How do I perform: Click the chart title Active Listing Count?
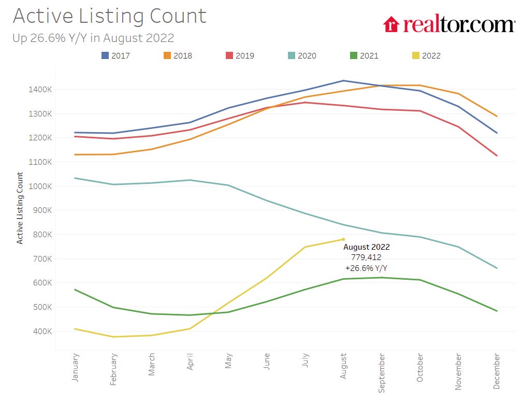[109, 16]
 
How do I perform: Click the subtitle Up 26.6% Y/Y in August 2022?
[93, 38]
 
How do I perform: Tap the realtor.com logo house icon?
[391, 24]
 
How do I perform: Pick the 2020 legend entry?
[301, 55]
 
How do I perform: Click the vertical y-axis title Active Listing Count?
[20, 208]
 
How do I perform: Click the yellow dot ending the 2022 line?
[343, 239]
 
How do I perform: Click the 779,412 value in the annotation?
[366, 257]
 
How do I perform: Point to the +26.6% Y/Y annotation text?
[366, 268]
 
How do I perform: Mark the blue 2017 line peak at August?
[343, 80]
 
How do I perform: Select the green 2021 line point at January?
[75, 290]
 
